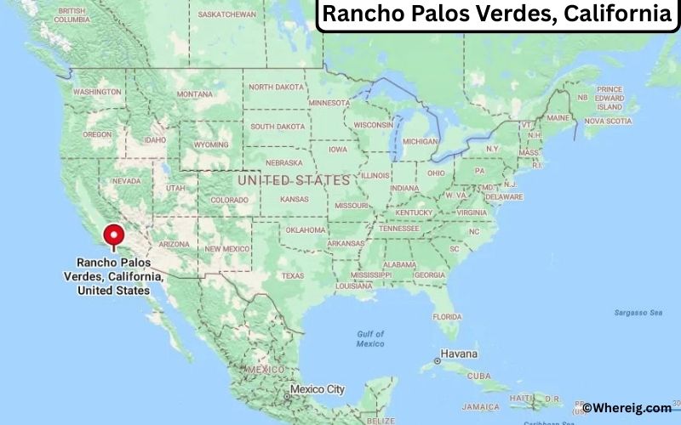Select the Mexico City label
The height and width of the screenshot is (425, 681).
pos(317,389)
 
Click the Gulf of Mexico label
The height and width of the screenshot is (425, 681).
pos(370,338)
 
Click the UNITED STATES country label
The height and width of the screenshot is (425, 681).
pos(294,180)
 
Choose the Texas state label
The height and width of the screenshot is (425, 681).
pos(292,275)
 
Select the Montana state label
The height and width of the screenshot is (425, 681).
pos(194,94)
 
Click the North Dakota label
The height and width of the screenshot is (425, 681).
pos(276,87)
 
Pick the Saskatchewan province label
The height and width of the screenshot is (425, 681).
pos(226,14)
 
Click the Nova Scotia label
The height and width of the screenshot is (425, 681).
pos(608,121)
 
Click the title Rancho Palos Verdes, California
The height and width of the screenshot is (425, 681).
pos(497,14)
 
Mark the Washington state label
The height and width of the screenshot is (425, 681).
pos(96,91)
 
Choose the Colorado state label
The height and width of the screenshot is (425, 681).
pos(229,201)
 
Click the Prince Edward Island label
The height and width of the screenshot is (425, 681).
pos(609,98)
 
